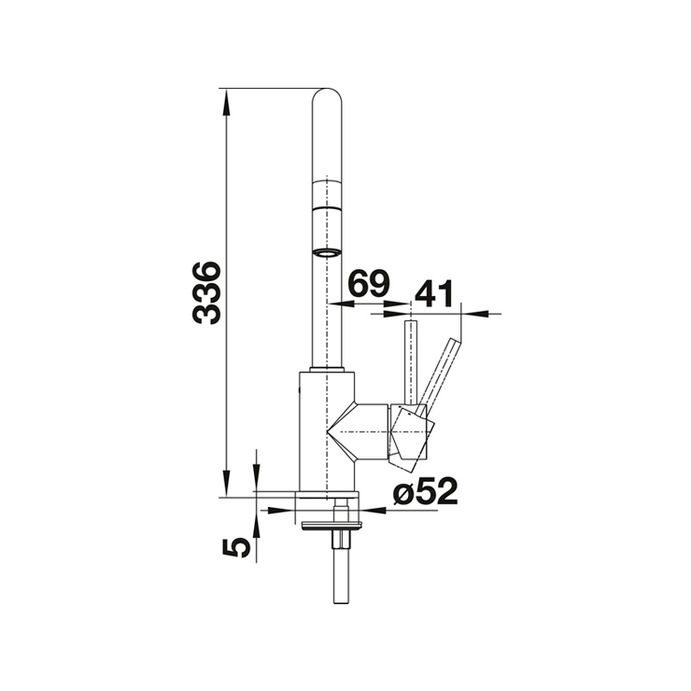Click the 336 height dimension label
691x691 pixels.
206,293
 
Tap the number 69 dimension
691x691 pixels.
369,283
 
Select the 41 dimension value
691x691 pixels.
434,293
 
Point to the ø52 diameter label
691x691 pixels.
426,491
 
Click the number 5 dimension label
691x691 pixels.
236,547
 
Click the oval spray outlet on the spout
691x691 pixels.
327,252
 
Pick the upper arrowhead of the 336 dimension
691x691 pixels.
226,102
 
